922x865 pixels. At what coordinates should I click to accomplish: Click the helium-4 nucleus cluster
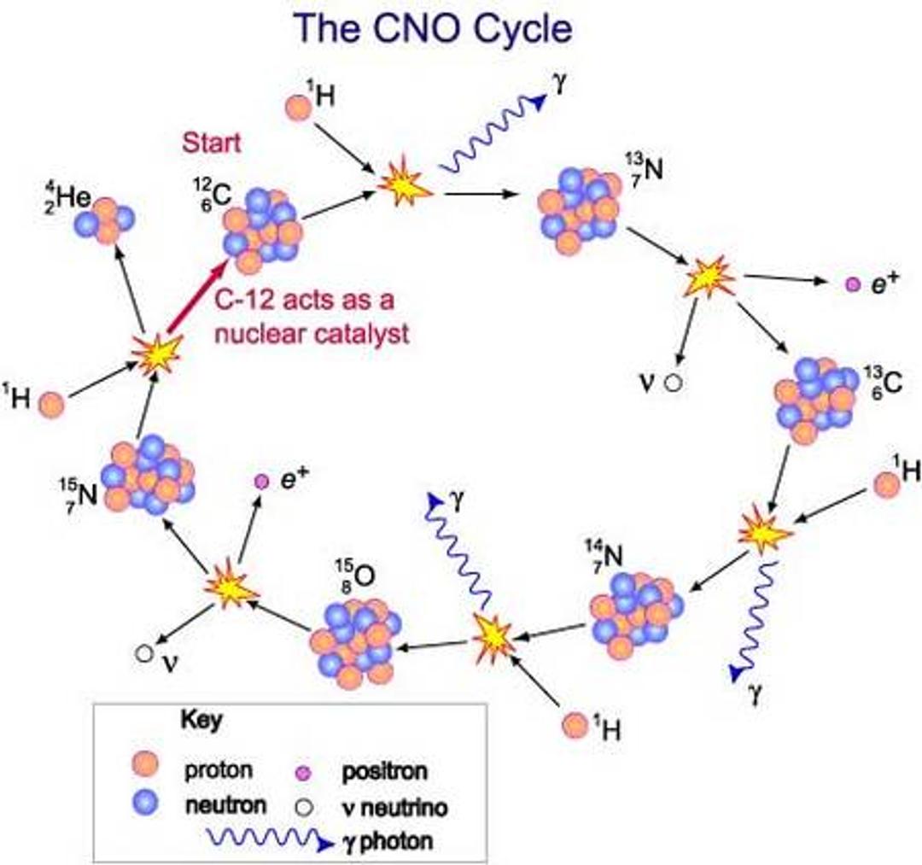(x=105, y=220)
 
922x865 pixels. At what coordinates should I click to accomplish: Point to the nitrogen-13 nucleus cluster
(x=579, y=208)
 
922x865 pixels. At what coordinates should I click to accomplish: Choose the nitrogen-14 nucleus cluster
(x=636, y=609)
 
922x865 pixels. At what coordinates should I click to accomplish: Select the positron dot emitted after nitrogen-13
(x=851, y=285)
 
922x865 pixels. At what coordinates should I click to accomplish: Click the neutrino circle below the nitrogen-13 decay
(x=674, y=383)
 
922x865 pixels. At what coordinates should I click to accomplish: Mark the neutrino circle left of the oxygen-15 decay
(x=143, y=653)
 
